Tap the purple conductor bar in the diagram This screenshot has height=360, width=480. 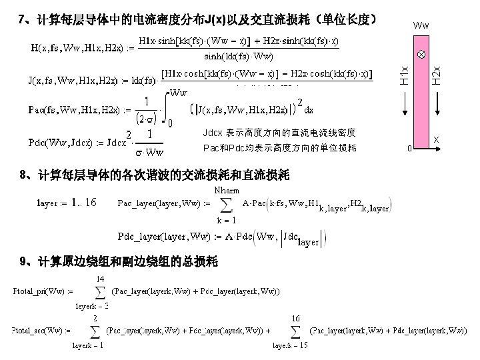[x=421, y=93]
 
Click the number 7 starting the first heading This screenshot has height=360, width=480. [x=21, y=19]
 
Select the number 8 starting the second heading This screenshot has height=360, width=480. [x=24, y=175]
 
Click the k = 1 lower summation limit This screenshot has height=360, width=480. [x=225, y=220]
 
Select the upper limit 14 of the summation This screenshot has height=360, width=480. [x=100, y=278]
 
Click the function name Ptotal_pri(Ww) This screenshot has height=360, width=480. [x=43, y=291]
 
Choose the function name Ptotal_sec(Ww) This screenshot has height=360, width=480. [x=43, y=330]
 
